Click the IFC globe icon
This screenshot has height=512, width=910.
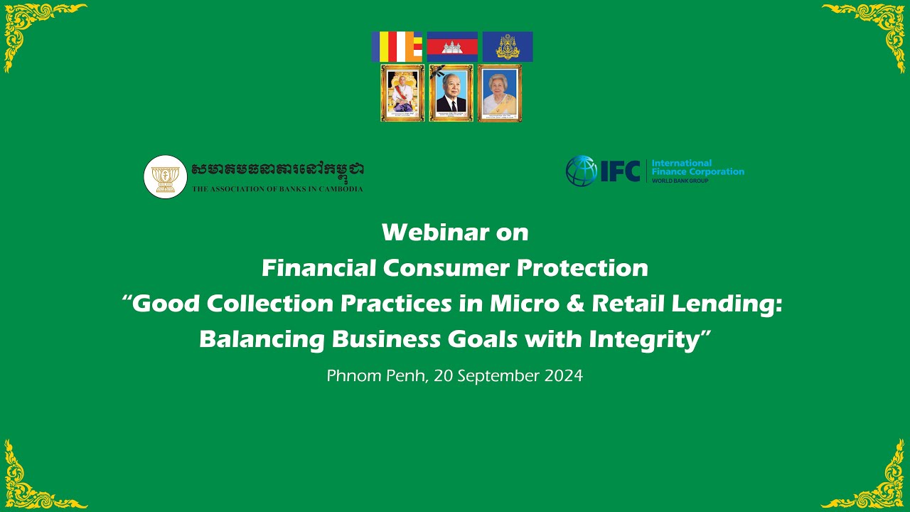pyautogui.click(x=581, y=171)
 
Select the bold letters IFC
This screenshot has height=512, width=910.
pyautogui.click(x=621, y=171)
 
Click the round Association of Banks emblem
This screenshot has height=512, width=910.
pyautogui.click(x=165, y=176)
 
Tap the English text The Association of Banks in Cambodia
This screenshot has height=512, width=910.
pyautogui.click(x=277, y=189)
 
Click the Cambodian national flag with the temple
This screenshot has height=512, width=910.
pyautogui.click(x=452, y=46)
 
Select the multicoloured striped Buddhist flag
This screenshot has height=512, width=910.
pyautogui.click(x=397, y=46)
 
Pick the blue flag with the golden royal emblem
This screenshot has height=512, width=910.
pyautogui.click(x=507, y=46)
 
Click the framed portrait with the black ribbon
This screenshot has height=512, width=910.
pyautogui.click(x=451, y=93)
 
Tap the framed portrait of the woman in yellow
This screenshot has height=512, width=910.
pyautogui.click(x=499, y=93)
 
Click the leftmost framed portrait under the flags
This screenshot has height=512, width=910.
pyautogui.click(x=402, y=93)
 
